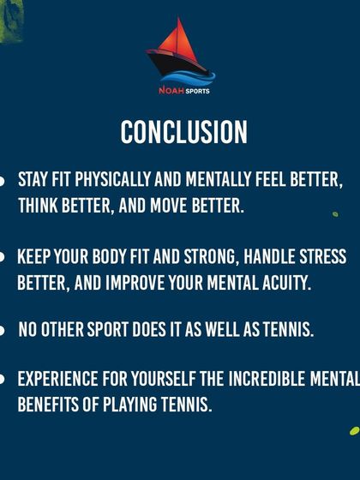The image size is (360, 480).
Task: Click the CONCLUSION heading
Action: [183, 132]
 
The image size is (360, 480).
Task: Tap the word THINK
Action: [39, 207]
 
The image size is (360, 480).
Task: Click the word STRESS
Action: [319, 256]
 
